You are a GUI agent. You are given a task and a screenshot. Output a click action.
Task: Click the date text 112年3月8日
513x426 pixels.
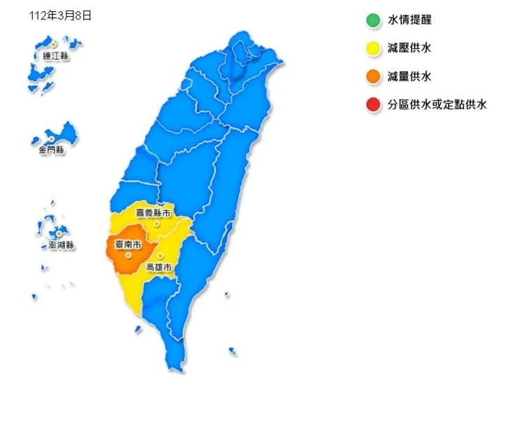pos(61,15)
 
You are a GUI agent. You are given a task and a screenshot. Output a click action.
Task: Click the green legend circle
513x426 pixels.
pos(373,20)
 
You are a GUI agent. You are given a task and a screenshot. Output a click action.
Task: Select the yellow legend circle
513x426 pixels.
pos(373,48)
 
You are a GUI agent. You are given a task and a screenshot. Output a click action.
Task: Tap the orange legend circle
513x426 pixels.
pos(373,77)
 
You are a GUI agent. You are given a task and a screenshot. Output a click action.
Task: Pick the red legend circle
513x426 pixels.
pos(373,105)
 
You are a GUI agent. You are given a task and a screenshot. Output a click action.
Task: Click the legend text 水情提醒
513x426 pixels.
pos(410,20)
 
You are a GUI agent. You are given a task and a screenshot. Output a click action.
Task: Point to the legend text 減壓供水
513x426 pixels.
pos(410,48)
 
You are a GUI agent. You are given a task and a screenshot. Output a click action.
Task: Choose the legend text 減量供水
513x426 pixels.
pos(410,77)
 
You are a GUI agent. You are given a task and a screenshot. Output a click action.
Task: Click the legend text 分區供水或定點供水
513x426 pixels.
pos(437,105)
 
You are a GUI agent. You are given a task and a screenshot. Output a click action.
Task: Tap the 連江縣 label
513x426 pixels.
pos(55,54)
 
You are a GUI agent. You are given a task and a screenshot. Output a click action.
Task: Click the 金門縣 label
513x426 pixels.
pos(51,149)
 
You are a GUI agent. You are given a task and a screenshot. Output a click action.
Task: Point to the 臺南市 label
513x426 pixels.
pos(128,245)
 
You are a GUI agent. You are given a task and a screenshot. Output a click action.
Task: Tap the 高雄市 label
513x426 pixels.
pos(158,267)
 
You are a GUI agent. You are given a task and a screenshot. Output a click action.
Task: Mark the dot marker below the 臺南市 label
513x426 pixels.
pos(128,255)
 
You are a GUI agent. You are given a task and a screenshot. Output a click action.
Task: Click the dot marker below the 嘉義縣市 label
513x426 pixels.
pos(157,224)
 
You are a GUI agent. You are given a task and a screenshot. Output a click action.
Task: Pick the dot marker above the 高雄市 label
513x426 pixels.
pos(160,256)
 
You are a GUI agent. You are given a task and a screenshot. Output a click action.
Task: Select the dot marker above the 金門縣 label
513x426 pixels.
pos(51,139)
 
